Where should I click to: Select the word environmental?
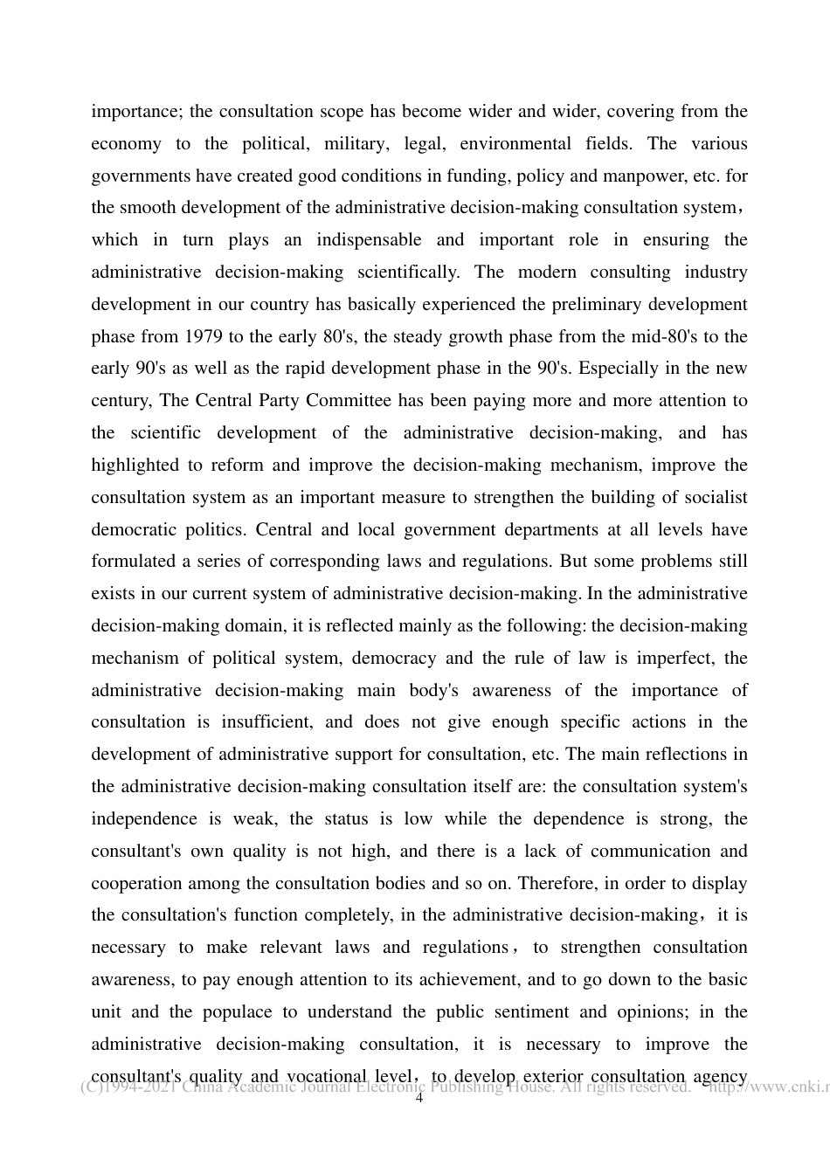tap(516, 144)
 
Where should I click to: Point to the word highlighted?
tap(135, 466)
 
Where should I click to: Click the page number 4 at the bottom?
tap(418, 1099)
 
